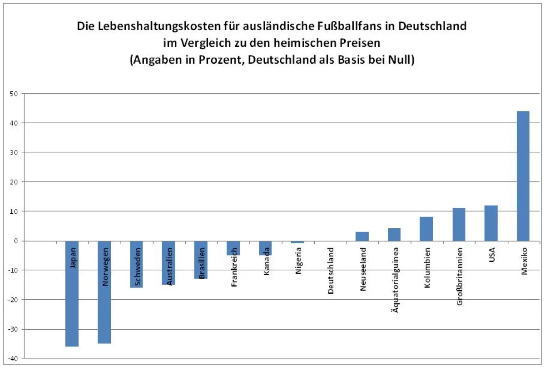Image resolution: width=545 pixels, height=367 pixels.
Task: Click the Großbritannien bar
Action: click(x=459, y=224)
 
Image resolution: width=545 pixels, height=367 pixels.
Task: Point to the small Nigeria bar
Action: click(x=297, y=242)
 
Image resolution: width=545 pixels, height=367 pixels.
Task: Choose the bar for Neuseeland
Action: click(x=362, y=236)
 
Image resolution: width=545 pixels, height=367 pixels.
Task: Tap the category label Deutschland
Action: click(x=331, y=270)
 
